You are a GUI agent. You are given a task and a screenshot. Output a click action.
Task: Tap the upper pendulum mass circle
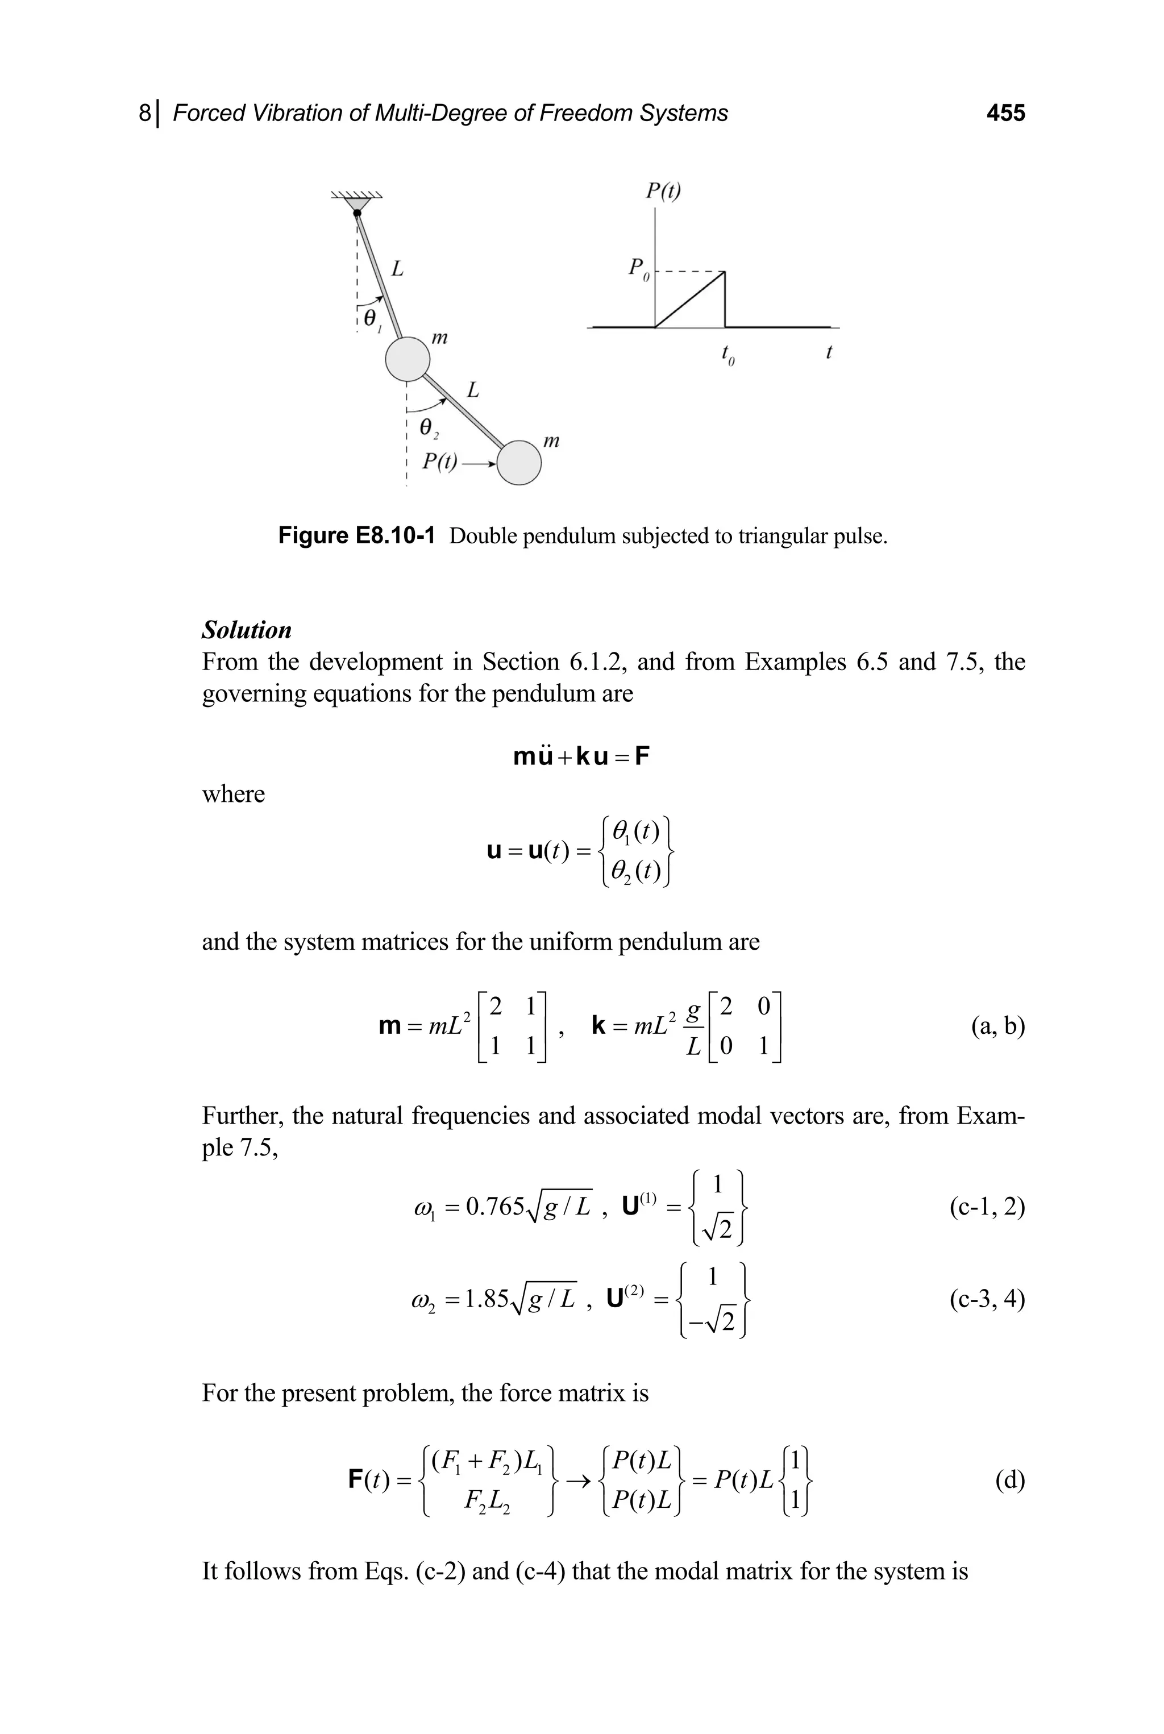408,359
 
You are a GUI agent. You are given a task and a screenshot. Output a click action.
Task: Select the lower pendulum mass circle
519,463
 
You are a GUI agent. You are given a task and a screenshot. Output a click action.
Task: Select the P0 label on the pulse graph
638,269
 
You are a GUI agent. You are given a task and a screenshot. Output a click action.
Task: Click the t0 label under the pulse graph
727,357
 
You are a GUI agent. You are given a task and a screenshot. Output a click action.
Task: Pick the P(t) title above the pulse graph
662,192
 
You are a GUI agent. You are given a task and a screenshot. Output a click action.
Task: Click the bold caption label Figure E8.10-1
356,536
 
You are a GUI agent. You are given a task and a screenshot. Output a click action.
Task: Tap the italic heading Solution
247,630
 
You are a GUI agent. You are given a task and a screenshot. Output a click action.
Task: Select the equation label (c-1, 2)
987,1208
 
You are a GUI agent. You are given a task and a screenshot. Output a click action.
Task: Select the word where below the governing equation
233,795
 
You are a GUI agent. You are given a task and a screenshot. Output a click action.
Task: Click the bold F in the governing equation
641,757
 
